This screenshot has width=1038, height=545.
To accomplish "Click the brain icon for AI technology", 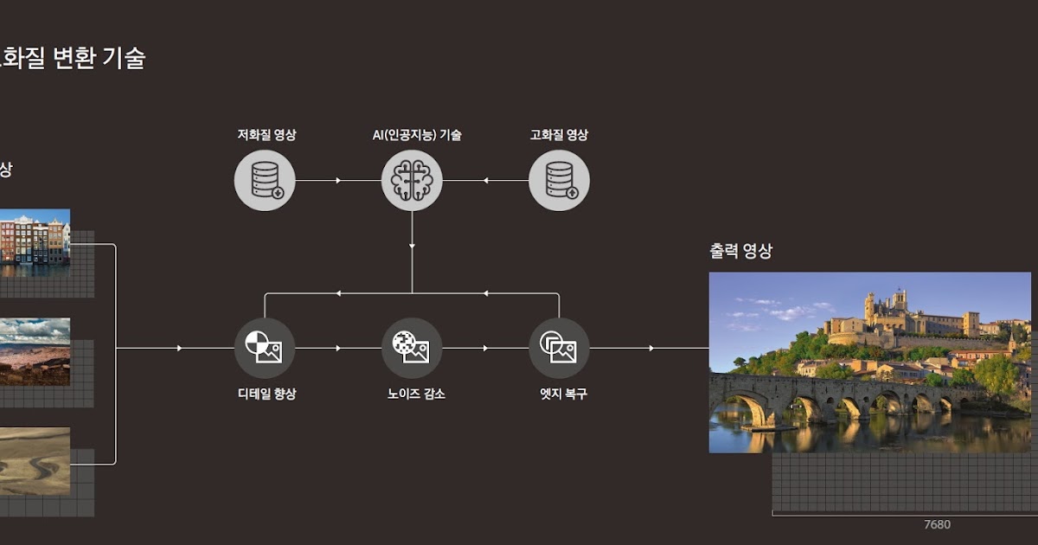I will tap(412, 181).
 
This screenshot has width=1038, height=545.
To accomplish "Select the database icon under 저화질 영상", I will tap(265, 181).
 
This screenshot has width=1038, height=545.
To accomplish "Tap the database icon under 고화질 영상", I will tap(559, 181).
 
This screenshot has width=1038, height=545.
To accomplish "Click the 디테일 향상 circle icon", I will tap(265, 348).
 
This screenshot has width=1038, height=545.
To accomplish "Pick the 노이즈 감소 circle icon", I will tap(412, 348).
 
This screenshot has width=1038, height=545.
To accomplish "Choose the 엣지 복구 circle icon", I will tap(559, 348).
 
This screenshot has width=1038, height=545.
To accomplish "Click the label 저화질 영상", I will tap(266, 135).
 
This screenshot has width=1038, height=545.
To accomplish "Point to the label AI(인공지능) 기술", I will tap(411, 135).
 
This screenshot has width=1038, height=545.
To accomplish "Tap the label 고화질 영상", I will tap(559, 135).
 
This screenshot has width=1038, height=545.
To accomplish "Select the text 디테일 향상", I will tap(266, 394).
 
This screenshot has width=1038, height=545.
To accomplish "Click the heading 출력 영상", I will tap(740, 252).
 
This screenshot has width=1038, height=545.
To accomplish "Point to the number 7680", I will tap(937, 525).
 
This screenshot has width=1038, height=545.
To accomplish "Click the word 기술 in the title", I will tap(125, 58).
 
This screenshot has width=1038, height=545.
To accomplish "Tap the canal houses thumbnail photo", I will tap(34, 236).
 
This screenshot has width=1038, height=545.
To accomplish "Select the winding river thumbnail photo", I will tap(34, 461).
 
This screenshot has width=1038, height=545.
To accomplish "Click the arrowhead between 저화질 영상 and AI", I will tap(338, 181).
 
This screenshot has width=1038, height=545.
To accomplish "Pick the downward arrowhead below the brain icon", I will tap(412, 246).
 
